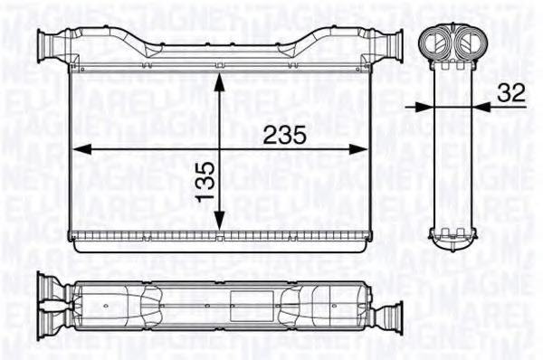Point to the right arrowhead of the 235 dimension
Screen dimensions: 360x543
367,147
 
